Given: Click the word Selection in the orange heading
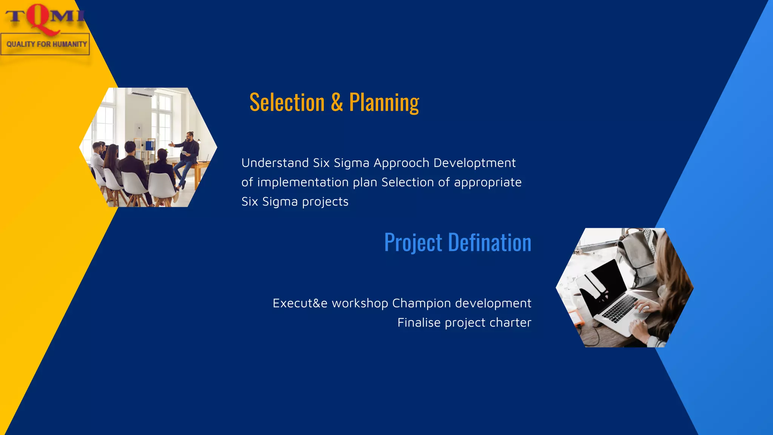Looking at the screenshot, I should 287,102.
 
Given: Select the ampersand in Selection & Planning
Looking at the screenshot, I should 337,102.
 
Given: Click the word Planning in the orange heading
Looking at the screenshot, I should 384,102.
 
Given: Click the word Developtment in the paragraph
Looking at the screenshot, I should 474,163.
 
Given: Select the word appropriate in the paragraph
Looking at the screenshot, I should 488,183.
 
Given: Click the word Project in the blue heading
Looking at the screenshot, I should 413,242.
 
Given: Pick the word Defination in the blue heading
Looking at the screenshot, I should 490,242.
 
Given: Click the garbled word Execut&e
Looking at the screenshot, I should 300,303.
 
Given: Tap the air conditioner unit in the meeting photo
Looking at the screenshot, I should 142,92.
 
